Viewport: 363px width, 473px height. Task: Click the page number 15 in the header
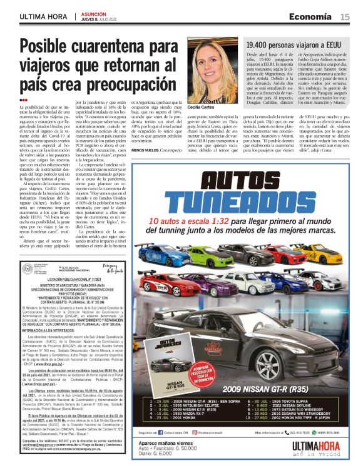click(345, 17)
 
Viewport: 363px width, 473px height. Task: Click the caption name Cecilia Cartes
click(203, 108)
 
